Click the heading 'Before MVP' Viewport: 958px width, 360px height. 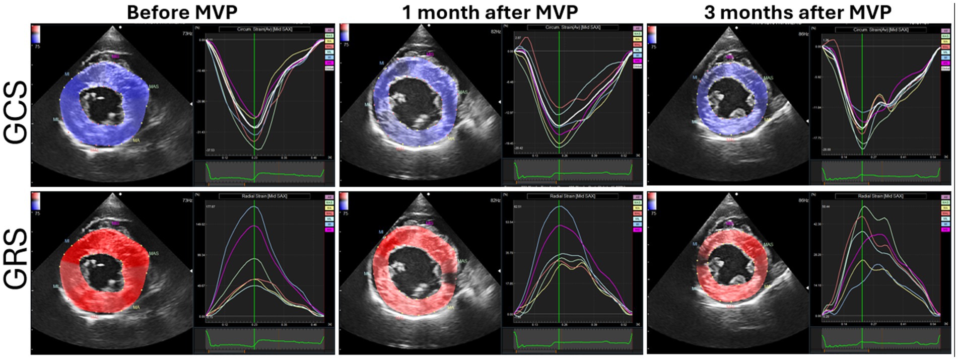(x=182, y=12)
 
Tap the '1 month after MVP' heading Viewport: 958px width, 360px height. (x=490, y=12)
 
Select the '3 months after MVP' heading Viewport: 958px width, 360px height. (x=797, y=12)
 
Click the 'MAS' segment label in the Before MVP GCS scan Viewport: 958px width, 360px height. (x=154, y=87)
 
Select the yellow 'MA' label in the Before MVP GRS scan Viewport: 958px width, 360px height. (x=136, y=307)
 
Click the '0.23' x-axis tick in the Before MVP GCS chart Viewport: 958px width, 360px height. (x=254, y=158)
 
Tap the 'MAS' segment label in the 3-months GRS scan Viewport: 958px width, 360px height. (x=768, y=245)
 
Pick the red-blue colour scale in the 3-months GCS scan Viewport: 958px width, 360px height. (x=652, y=34)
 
